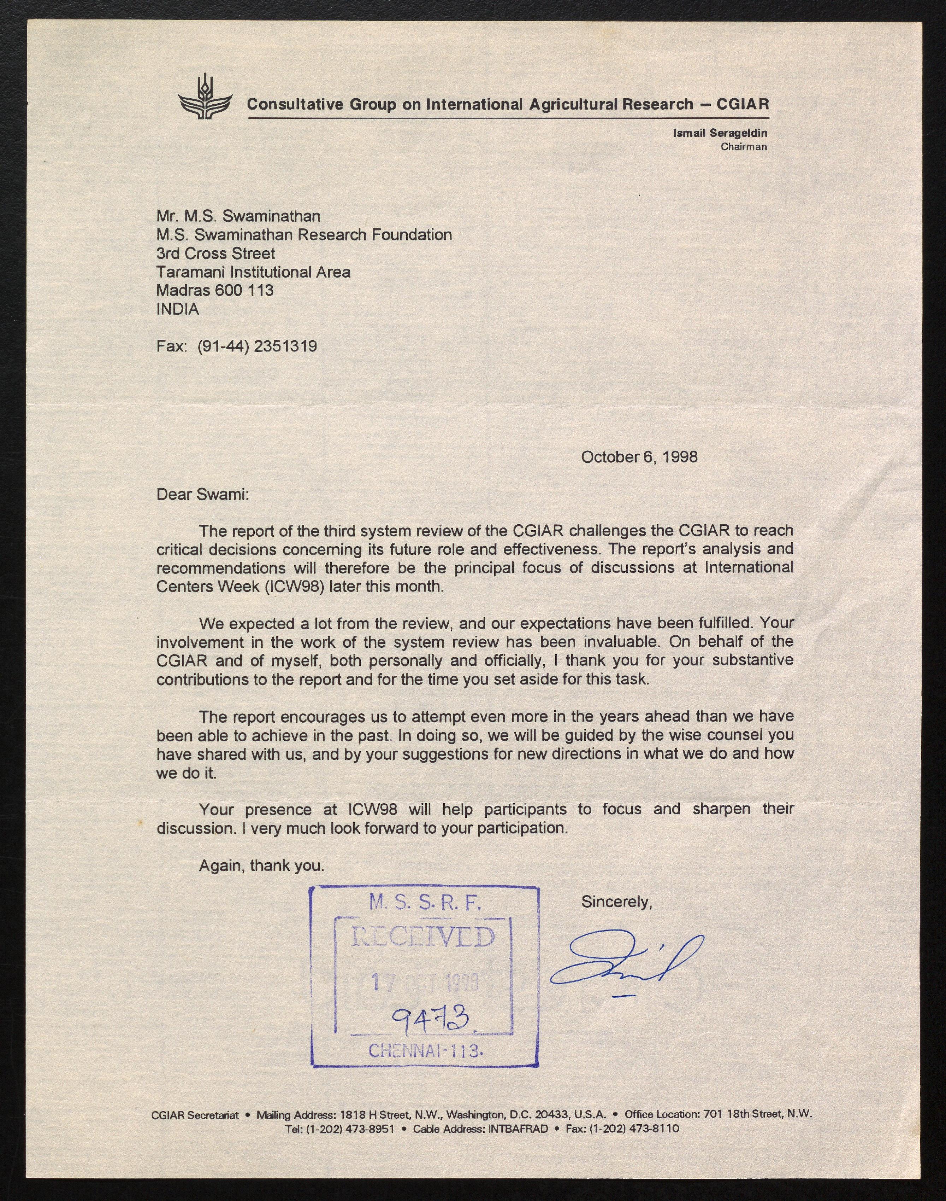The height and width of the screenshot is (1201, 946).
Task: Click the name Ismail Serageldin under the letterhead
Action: [x=720, y=133]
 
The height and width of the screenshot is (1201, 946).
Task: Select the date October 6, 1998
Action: [x=639, y=457]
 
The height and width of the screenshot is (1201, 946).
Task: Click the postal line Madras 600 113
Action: [x=214, y=290]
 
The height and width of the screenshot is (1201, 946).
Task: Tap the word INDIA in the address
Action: [x=177, y=309]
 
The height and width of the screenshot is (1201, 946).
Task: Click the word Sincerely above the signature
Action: [x=616, y=902]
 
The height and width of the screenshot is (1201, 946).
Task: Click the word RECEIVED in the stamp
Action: [x=423, y=938]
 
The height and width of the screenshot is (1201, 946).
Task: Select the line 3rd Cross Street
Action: [x=215, y=254]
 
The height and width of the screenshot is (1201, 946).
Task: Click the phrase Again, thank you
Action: [x=261, y=866]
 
